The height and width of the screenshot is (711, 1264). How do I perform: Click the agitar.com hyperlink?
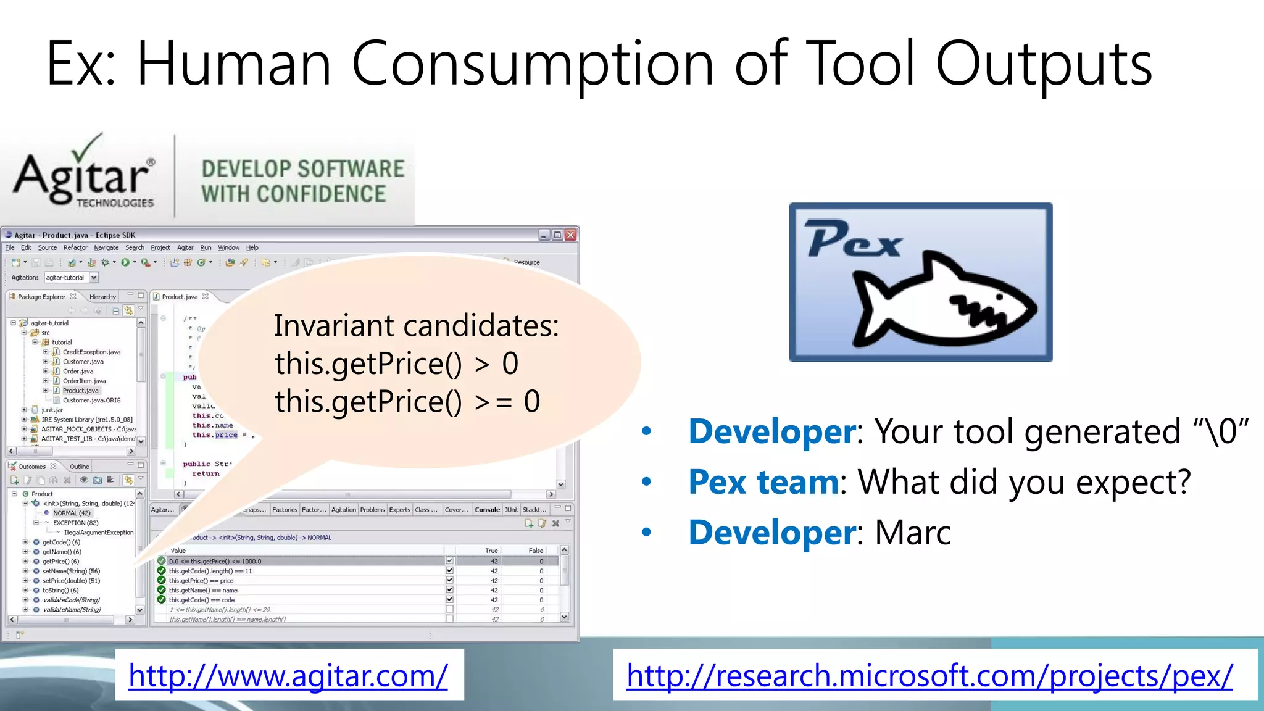coord(288,676)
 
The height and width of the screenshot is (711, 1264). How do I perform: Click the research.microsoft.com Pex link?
coord(929,676)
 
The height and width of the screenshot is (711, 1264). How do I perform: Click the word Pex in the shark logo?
coord(854,240)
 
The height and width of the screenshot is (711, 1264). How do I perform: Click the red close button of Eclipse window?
coord(571,235)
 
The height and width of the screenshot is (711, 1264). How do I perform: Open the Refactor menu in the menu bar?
coord(75,247)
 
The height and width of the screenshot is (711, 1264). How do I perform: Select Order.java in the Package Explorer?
coord(78,372)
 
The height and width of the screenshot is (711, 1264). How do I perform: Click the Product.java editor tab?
coord(180,297)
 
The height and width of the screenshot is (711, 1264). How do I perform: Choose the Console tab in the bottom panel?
coord(487,510)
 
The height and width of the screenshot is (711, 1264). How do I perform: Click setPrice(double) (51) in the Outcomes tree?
coord(71,581)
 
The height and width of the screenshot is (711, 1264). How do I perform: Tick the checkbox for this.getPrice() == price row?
coord(449,581)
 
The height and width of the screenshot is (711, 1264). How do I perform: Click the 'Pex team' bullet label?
coord(763,482)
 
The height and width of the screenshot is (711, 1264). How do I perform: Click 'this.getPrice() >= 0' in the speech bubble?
coord(407,402)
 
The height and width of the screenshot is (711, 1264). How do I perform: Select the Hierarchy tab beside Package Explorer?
coord(102,297)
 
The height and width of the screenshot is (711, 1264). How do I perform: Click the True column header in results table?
coord(491,551)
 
